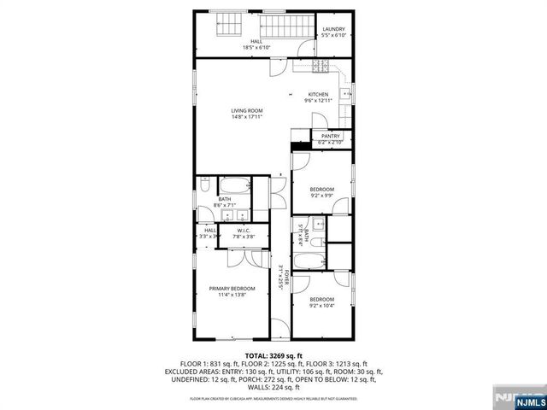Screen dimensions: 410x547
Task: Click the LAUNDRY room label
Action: click(x=333, y=30)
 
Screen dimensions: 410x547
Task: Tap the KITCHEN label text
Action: click(x=319, y=94)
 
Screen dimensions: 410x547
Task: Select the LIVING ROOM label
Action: click(x=246, y=111)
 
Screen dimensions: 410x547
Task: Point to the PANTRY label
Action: click(x=330, y=136)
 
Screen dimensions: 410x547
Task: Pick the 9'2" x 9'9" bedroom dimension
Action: click(x=321, y=194)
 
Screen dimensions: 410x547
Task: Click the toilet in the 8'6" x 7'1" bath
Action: click(x=205, y=185)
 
